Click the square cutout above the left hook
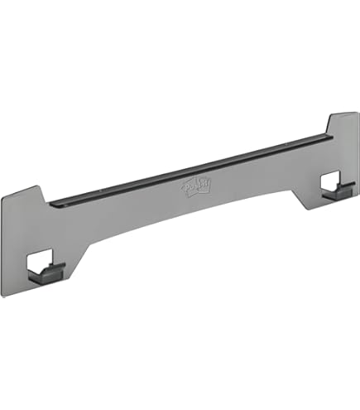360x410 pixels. click(41, 261)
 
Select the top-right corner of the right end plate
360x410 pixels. click(358, 113)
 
